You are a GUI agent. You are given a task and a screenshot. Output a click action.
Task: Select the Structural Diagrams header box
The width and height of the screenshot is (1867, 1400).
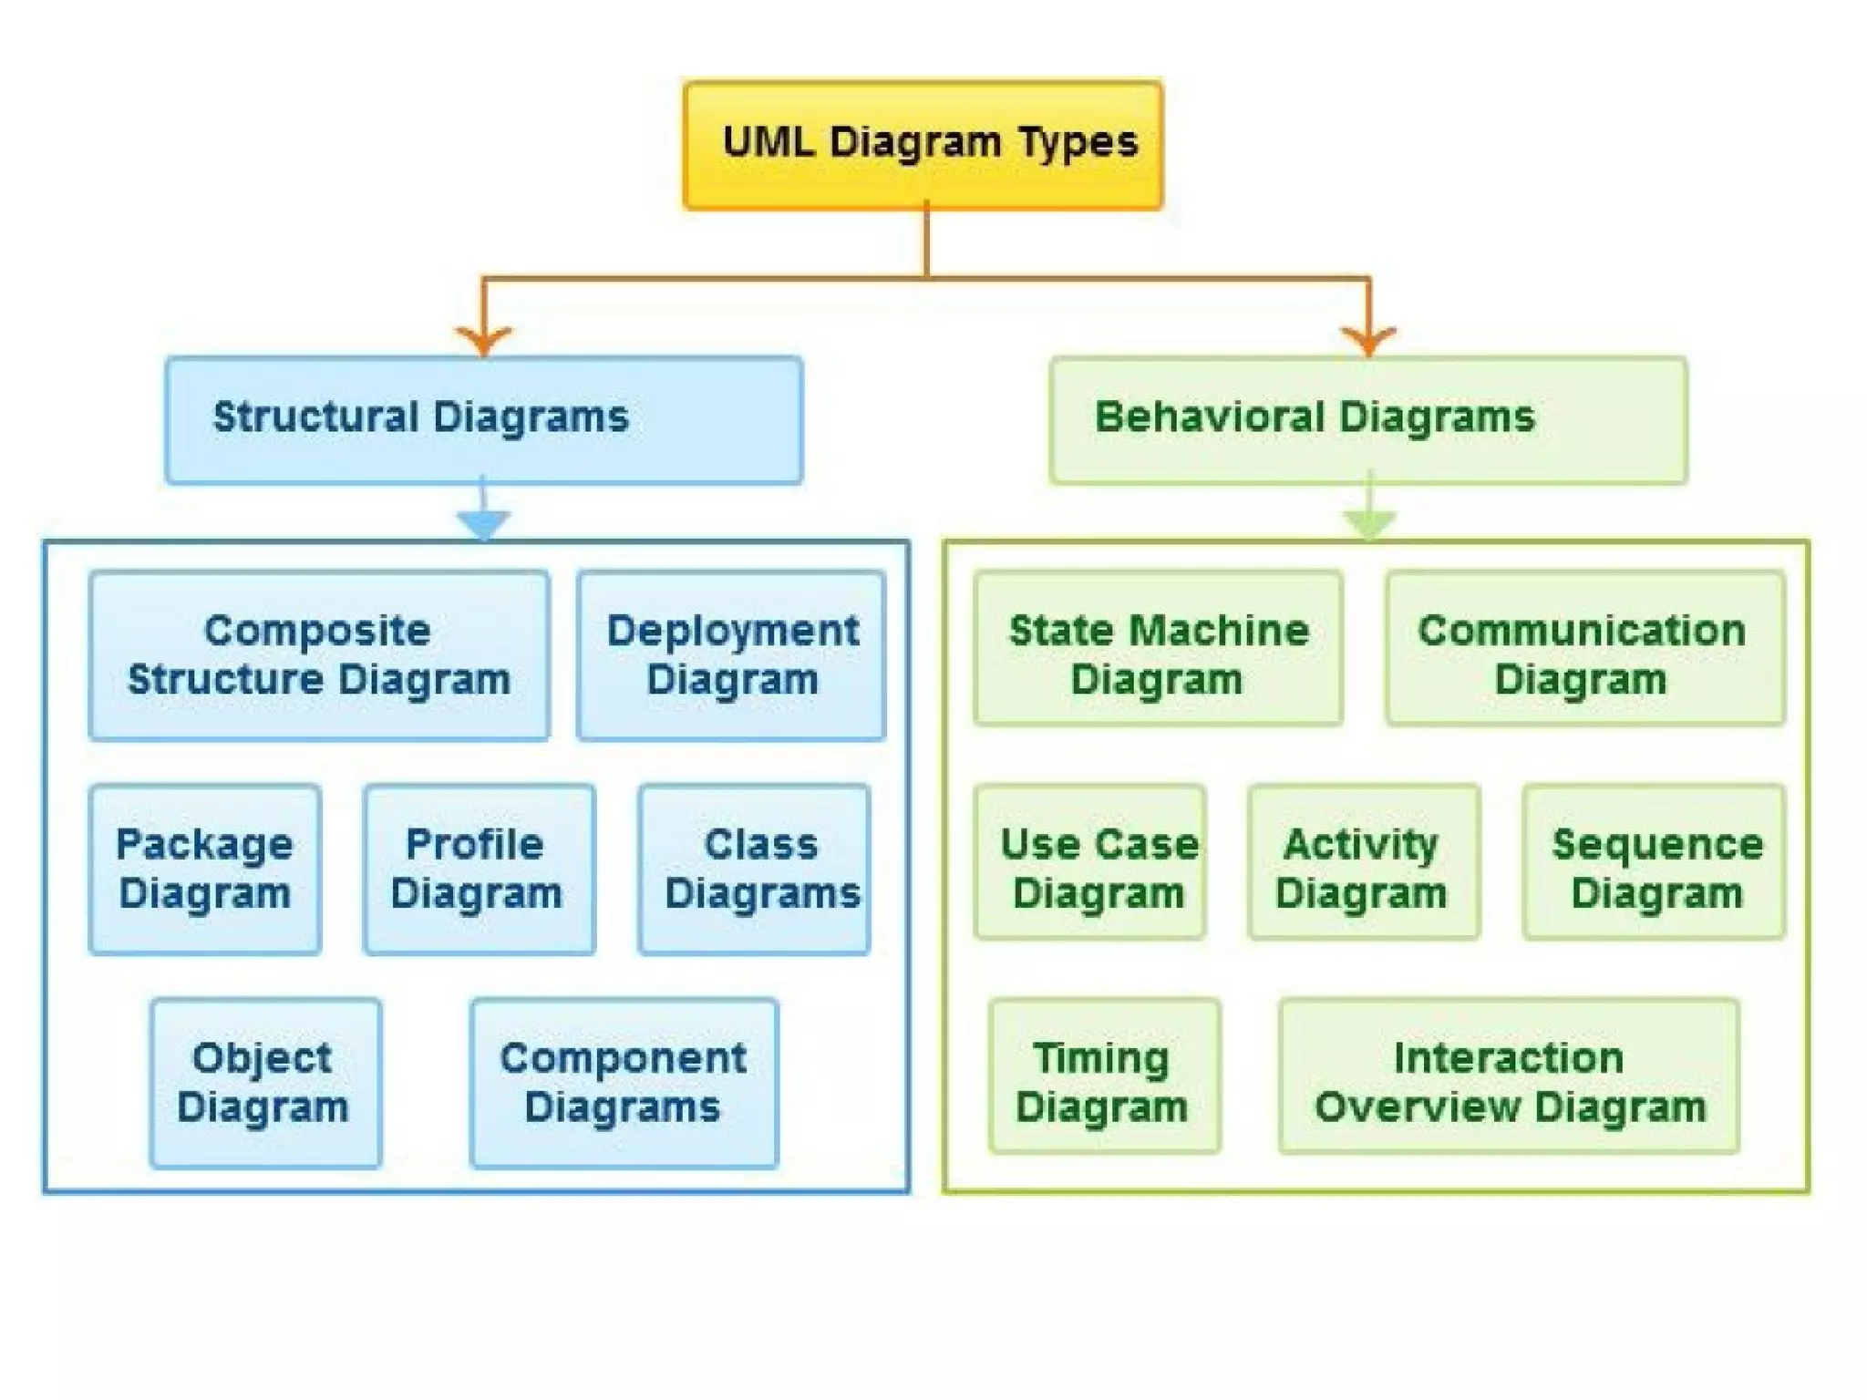pyautogui.click(x=484, y=419)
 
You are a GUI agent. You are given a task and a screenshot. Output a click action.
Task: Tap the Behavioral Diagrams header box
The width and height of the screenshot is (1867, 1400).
pyautogui.click(x=1367, y=419)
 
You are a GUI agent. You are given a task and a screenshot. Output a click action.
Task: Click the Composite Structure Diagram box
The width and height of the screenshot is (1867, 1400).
pyautogui.click(x=319, y=655)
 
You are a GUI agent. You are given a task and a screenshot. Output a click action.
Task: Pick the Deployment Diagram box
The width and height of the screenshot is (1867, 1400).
pyautogui.click(x=731, y=655)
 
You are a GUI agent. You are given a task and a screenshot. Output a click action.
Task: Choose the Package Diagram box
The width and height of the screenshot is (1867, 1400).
pyautogui.click(x=205, y=869)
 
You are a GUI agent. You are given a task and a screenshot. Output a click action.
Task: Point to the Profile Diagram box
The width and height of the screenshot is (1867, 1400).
pyautogui.click(x=479, y=869)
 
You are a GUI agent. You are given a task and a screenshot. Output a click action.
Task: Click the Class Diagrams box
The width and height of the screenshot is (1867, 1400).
pyautogui.click(x=755, y=869)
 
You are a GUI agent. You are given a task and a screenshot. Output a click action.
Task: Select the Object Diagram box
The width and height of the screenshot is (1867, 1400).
pyautogui.click(x=265, y=1083)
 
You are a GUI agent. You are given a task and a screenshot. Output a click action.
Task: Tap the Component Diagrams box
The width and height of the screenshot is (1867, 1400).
pyautogui.click(x=624, y=1083)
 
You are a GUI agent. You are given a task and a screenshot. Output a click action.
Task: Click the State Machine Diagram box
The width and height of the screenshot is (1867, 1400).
pyautogui.click(x=1158, y=648)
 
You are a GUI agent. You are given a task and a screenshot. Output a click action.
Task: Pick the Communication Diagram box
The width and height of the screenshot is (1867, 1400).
pyautogui.click(x=1584, y=648)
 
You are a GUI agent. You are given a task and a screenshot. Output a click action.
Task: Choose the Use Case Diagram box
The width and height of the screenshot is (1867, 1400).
pyautogui.click(x=1090, y=862)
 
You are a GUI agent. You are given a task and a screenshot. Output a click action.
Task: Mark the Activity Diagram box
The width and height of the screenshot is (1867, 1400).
pyautogui.click(x=1364, y=862)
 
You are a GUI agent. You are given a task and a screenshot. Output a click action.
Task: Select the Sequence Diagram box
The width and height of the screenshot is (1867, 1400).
pyautogui.click(x=1654, y=862)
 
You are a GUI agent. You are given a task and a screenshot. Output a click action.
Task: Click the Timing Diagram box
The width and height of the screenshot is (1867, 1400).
pyautogui.click(x=1104, y=1076)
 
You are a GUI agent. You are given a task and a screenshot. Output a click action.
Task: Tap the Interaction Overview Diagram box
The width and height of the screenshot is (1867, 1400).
pyautogui.click(x=1509, y=1076)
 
